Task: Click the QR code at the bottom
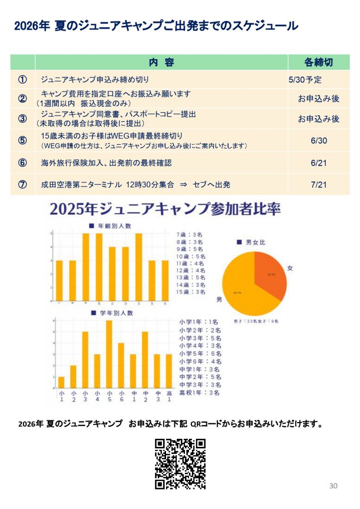click(x=180, y=464)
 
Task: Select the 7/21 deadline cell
click(x=318, y=184)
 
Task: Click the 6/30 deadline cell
click(x=318, y=141)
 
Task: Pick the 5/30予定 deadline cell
click(x=304, y=80)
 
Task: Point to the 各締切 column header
click(x=318, y=62)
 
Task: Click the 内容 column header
click(x=162, y=62)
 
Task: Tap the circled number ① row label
click(x=22, y=80)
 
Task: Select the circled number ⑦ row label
click(x=22, y=184)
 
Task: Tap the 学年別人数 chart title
click(x=113, y=313)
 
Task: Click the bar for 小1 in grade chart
click(x=62, y=383)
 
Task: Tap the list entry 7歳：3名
click(x=189, y=234)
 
